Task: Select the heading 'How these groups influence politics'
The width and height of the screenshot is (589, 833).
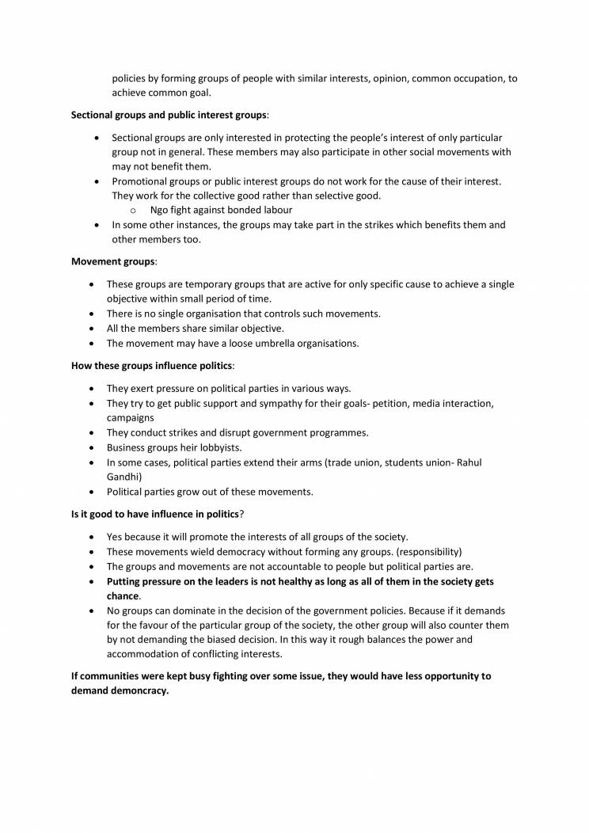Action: tap(151, 367)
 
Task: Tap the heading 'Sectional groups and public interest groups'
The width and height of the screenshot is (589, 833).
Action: tap(169, 115)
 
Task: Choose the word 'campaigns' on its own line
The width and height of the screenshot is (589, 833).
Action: tap(131, 417)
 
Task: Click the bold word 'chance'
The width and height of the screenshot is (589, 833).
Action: tap(123, 595)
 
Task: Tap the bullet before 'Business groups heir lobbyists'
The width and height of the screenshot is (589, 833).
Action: tap(95, 447)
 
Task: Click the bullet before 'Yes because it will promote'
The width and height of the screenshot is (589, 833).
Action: tap(95, 537)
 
